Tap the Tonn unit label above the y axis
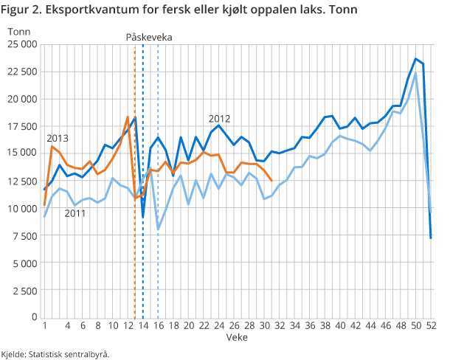pyautogui.click(x=19, y=30)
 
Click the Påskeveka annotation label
pyautogui.click(x=145, y=36)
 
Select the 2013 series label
pyautogui.click(x=58, y=138)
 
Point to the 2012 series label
pyautogui.click(x=219, y=118)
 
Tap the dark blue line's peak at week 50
pyautogui.click(x=416, y=59)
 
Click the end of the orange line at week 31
pyautogui.click(x=272, y=181)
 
